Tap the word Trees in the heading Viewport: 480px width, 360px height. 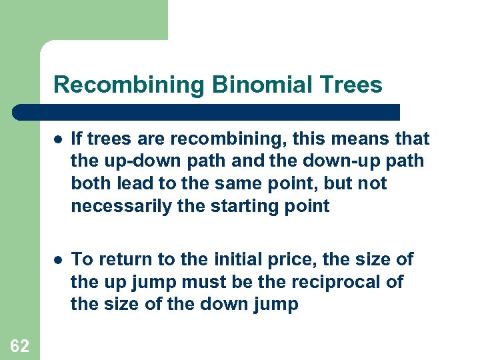[x=351, y=85]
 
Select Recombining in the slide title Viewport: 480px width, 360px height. [x=129, y=85]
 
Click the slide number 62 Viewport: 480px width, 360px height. [x=19, y=345]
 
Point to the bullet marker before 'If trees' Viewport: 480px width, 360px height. [x=58, y=139]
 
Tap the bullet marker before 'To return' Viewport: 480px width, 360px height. [x=58, y=259]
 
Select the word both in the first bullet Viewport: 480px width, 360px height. [x=91, y=184]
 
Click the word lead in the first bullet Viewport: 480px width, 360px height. [x=134, y=184]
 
